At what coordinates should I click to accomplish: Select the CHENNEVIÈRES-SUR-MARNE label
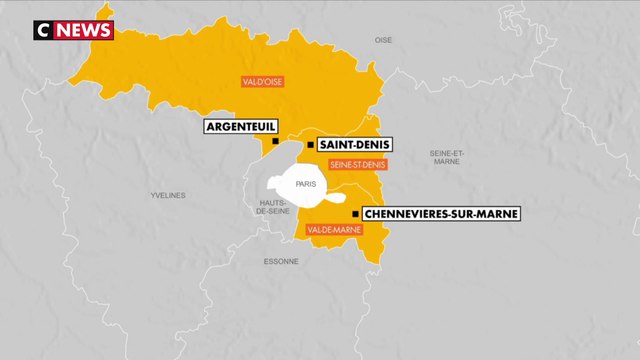click(441, 214)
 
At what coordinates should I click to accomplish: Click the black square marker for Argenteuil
click(275, 142)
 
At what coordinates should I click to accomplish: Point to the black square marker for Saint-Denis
click(311, 145)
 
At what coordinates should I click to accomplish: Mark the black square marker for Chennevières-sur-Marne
click(355, 214)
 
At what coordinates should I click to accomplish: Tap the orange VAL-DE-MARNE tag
click(334, 231)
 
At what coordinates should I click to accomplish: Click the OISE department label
click(383, 40)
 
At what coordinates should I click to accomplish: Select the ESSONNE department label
click(281, 262)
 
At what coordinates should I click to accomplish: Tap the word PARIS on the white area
click(305, 184)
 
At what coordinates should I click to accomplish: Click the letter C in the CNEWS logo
click(43, 31)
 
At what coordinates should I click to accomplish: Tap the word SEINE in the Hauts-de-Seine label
click(273, 212)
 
